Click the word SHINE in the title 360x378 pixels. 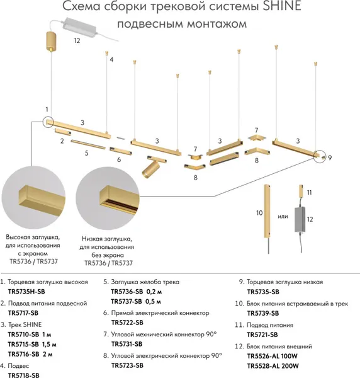click(282, 6)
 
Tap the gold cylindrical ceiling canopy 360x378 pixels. click(51, 41)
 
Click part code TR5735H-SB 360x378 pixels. click(26, 292)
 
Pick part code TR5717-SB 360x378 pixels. click(23, 313)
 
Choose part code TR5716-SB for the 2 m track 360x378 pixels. click(23, 354)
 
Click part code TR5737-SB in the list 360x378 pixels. click(127, 302)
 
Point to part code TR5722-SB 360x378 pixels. click(127, 323)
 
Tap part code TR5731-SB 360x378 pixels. click(127, 344)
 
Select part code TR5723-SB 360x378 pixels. click(127, 365)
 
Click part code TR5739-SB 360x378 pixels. click(263, 313)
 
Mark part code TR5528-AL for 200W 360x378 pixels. click(262, 366)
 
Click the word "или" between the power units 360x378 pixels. click(283, 217)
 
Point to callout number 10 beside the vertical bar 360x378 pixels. click(259, 213)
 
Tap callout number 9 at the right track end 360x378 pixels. click(330, 157)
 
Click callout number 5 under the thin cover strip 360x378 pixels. click(87, 153)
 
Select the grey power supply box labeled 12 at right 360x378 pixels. click(300, 220)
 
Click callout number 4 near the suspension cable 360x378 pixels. click(111, 59)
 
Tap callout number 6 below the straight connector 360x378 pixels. click(119, 159)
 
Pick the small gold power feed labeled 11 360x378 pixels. click(301, 190)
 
